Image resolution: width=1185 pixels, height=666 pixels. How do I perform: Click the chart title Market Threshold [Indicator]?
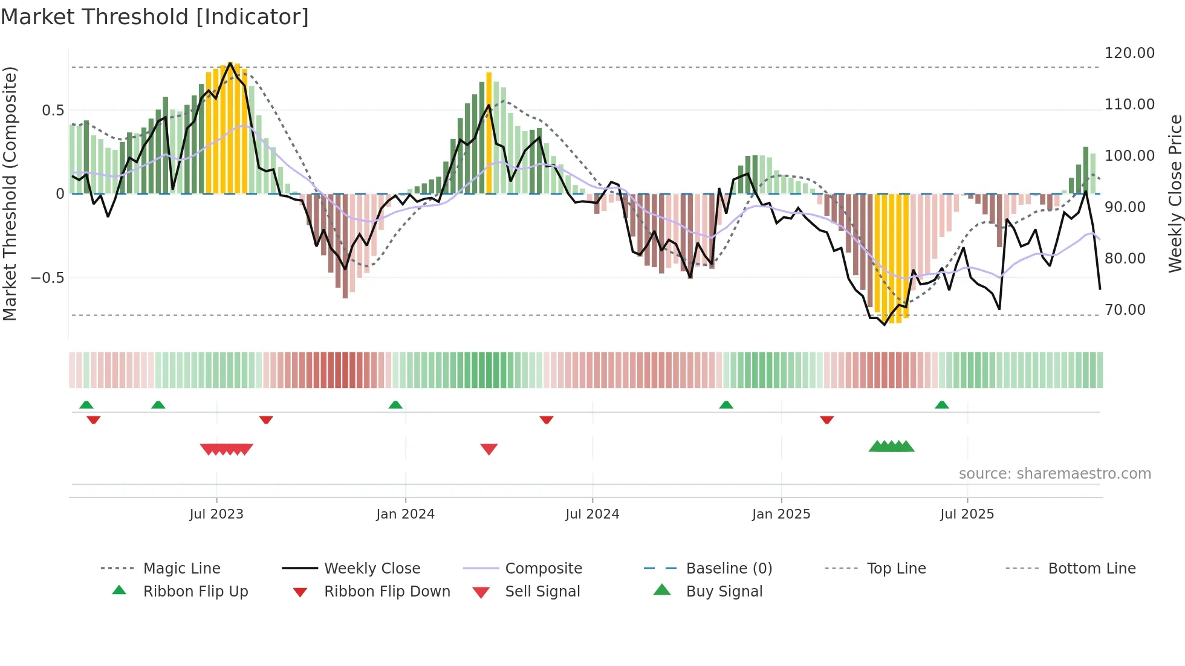pyautogui.click(x=155, y=17)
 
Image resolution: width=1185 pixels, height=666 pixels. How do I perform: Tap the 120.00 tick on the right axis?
pyautogui.click(x=1129, y=53)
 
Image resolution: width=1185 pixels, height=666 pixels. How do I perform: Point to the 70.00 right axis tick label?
pyautogui.click(x=1125, y=310)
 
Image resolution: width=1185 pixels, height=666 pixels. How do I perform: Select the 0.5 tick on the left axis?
pyautogui.click(x=53, y=111)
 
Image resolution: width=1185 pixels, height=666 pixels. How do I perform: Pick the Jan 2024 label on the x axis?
pyautogui.click(x=405, y=514)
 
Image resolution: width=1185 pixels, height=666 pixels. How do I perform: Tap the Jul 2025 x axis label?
pyautogui.click(x=967, y=514)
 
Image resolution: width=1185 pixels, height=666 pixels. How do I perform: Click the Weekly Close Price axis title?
pyautogui.click(x=1175, y=193)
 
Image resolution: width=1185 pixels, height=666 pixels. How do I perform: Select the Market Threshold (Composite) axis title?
pyautogui.click(x=10, y=193)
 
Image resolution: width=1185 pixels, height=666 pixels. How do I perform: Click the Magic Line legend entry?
pyautogui.click(x=181, y=569)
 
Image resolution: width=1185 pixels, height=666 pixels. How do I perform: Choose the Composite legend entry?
pyautogui.click(x=543, y=569)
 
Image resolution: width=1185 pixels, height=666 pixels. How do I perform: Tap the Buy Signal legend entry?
pyautogui.click(x=724, y=592)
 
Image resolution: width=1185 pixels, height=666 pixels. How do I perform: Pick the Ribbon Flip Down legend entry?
pyautogui.click(x=387, y=592)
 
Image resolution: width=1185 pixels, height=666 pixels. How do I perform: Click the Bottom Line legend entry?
pyautogui.click(x=1091, y=569)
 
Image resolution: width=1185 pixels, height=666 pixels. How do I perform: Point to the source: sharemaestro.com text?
pyautogui.click(x=1054, y=474)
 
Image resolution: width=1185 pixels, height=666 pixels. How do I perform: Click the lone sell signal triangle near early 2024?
pyautogui.click(x=489, y=449)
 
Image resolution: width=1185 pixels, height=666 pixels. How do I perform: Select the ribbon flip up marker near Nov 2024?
pyautogui.click(x=726, y=405)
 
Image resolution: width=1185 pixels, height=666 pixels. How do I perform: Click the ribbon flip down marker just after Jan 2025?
pyautogui.click(x=826, y=419)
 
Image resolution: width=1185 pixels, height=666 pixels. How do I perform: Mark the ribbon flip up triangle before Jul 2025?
pyautogui.click(x=941, y=405)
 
